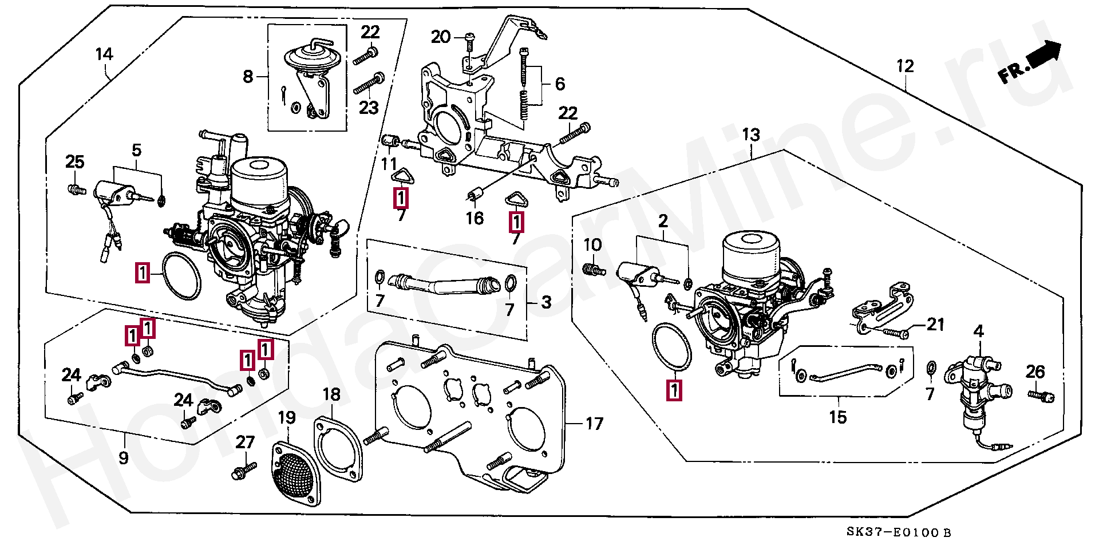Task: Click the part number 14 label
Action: [104, 54]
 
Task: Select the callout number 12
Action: [905, 66]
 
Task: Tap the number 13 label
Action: [751, 135]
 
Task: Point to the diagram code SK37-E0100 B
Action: [899, 532]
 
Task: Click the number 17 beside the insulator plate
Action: [594, 424]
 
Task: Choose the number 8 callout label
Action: [248, 76]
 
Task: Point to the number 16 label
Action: [475, 218]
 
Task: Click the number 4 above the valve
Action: [979, 331]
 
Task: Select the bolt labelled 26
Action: [1042, 396]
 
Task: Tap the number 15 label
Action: [837, 417]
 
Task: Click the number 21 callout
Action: [935, 325]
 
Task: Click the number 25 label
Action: [75, 162]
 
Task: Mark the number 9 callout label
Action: [124, 458]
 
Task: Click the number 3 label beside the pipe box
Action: [547, 302]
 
